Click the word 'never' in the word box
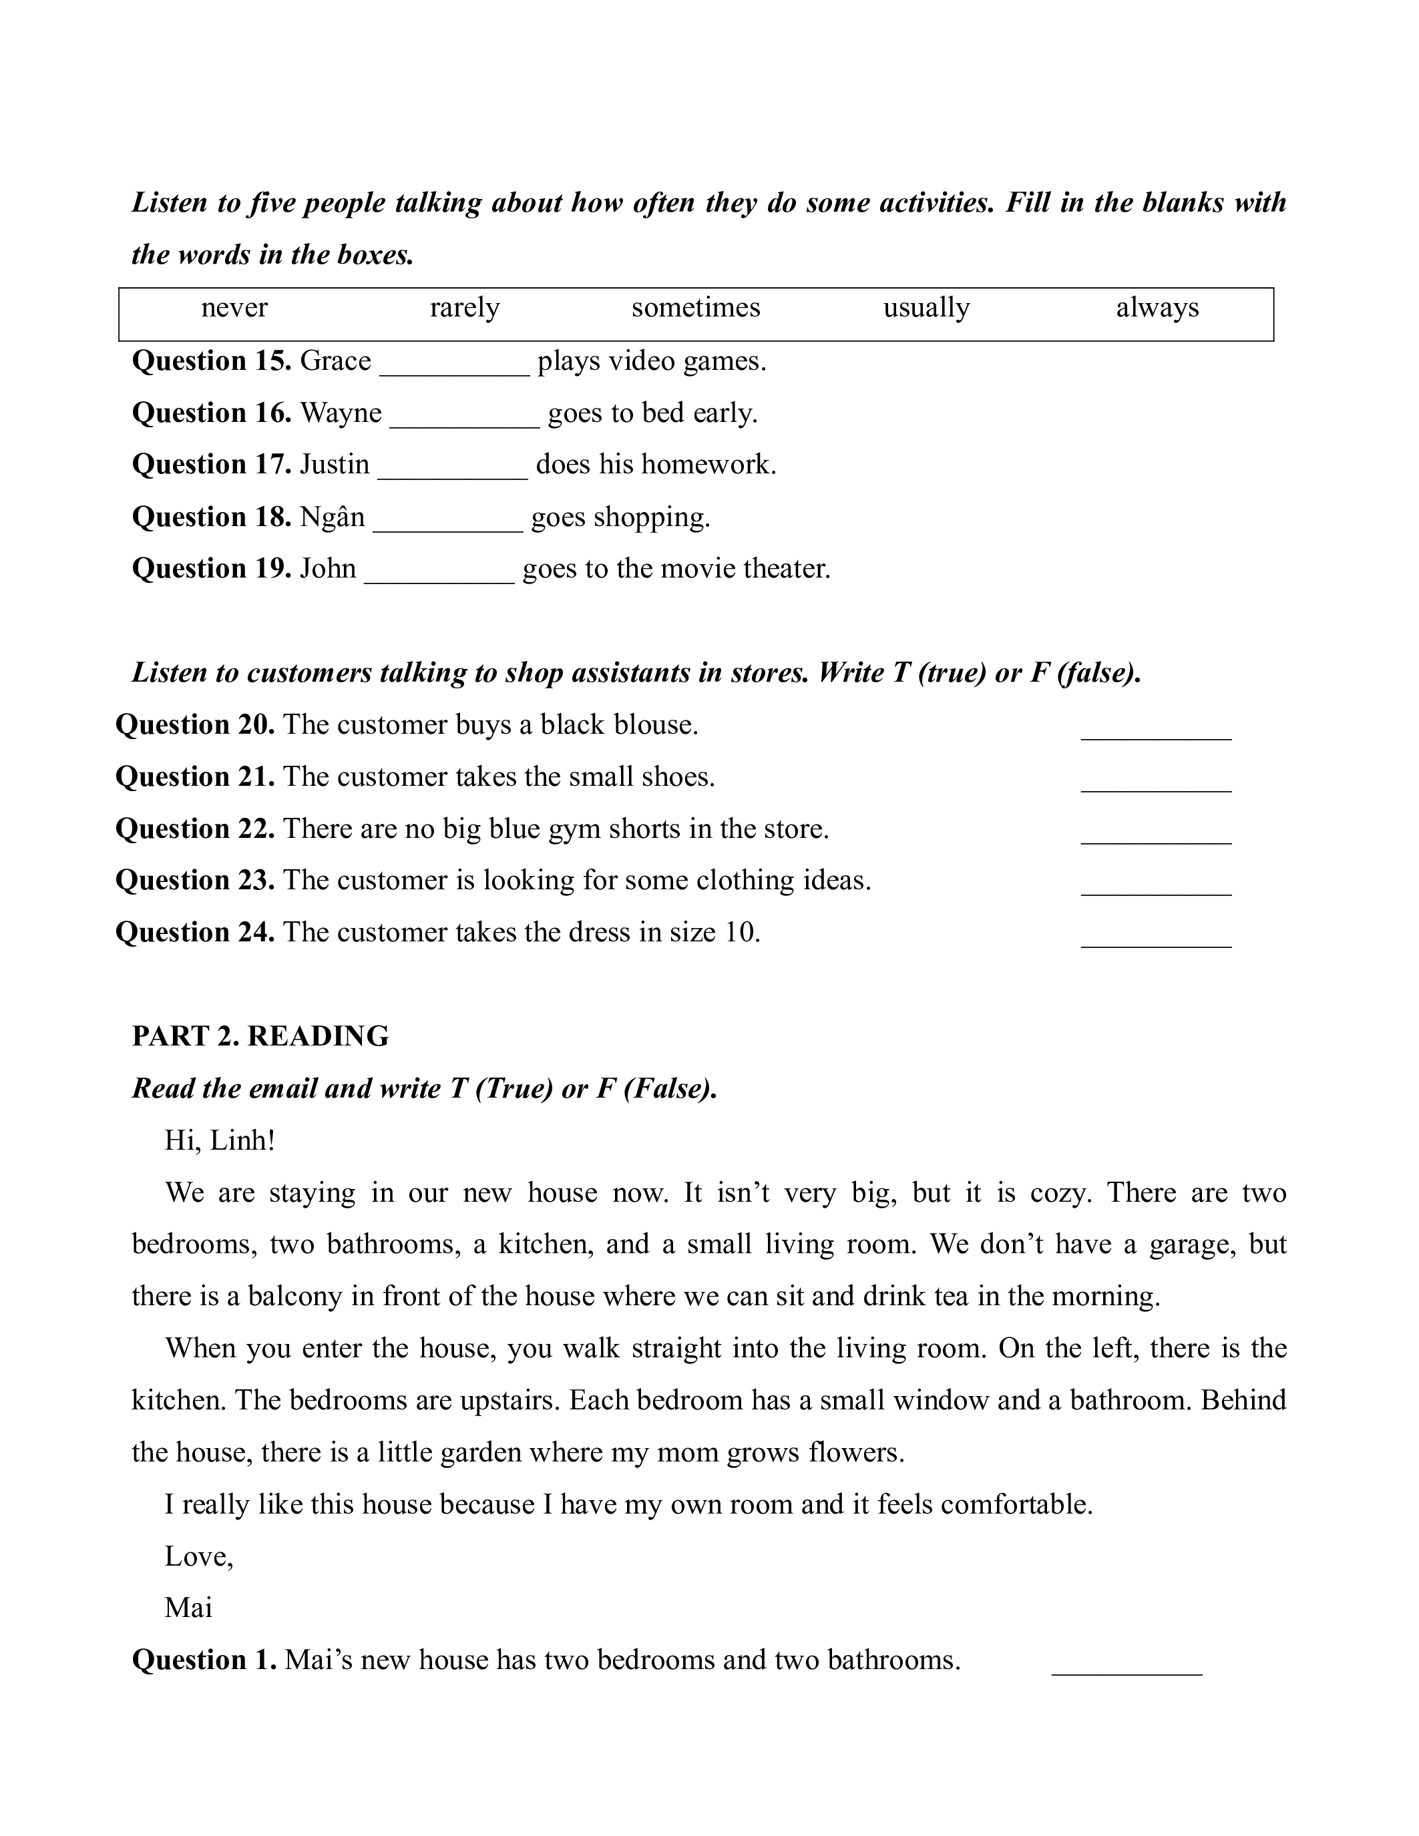(234, 308)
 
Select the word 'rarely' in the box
(464, 308)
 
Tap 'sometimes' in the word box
(695, 308)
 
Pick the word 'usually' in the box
(926, 308)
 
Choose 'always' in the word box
(1157, 308)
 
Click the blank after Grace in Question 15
(454, 365)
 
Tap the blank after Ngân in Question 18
(447, 520)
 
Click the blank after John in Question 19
(439, 572)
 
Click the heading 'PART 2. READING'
(260, 1036)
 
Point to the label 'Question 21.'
(195, 776)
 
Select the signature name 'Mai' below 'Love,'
(188, 1608)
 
